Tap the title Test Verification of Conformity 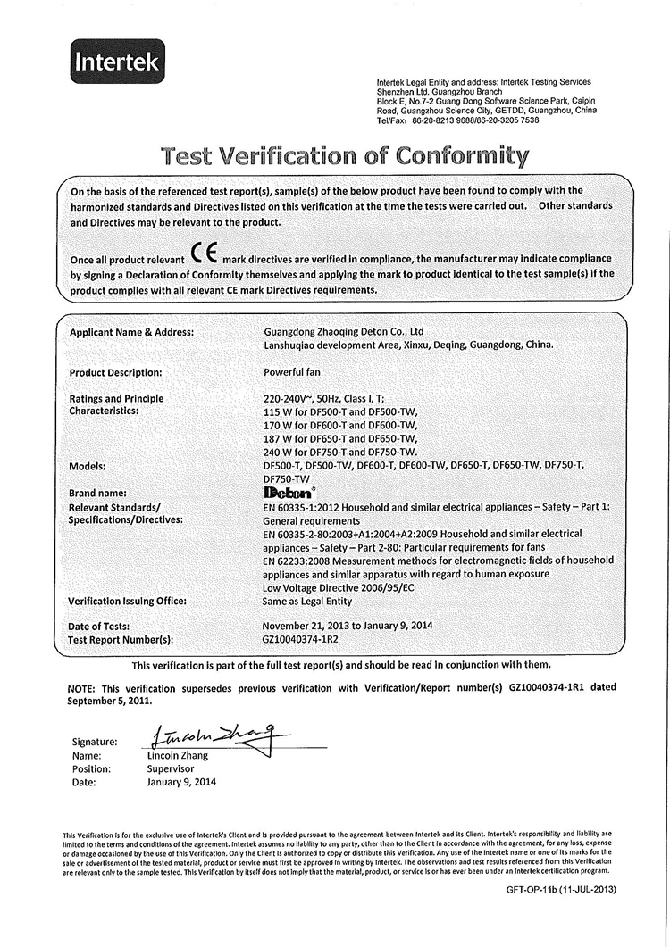pyautogui.click(x=345, y=155)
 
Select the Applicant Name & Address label pyautogui.click(x=131, y=333)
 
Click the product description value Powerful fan pyautogui.click(x=292, y=372)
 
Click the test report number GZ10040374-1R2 pyautogui.click(x=300, y=640)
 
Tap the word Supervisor pyautogui.click(x=170, y=768)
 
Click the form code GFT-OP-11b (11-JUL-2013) pyautogui.click(x=561, y=890)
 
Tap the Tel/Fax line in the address pyautogui.click(x=458, y=120)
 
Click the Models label pyautogui.click(x=90, y=466)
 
